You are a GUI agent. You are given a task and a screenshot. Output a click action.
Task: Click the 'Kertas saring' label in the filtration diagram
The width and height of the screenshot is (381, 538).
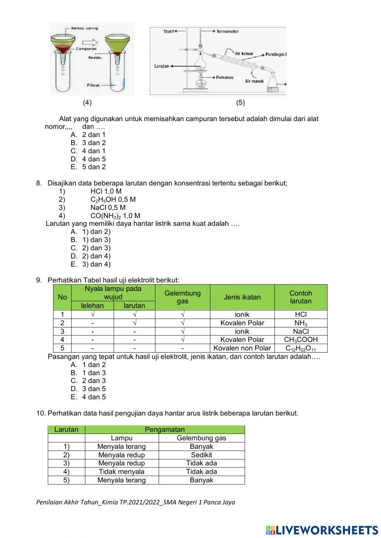pos(84,28)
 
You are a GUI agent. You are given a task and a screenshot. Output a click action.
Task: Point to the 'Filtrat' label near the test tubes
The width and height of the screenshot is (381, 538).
pos(93,85)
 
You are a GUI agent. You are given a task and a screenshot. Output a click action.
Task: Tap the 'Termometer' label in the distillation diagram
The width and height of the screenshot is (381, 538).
pos(227,32)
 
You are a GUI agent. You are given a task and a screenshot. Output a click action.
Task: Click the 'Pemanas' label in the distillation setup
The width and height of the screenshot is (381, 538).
pos(224,78)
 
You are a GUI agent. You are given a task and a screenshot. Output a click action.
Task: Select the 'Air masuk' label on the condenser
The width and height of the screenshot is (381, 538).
pos(254,81)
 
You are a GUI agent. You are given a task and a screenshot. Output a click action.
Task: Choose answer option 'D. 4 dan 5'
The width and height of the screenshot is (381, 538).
pos(88,159)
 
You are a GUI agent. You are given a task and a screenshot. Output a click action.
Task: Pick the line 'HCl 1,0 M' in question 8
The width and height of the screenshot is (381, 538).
pos(106,192)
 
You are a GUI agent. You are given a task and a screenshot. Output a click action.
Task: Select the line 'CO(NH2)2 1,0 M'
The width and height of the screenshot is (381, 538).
pos(115,216)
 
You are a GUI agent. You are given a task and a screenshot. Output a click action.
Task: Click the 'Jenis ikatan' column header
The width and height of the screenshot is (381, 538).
pos(242,297)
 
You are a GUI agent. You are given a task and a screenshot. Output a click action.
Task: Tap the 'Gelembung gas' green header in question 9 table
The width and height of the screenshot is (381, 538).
pos(182,297)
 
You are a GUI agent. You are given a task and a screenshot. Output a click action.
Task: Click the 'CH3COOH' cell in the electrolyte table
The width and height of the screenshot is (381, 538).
pos(301,340)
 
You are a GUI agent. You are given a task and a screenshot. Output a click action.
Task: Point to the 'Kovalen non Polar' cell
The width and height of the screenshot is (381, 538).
pos(242,348)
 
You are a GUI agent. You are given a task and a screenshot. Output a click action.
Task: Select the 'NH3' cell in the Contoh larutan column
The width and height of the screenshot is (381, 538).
pos(301,323)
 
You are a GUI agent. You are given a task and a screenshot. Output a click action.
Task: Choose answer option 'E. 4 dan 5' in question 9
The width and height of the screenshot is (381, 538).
pos(88,397)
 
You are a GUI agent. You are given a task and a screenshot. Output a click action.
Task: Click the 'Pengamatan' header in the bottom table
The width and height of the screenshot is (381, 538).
pos(165,429)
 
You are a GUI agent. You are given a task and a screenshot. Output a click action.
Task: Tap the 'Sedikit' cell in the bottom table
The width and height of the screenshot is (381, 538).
pos(201,455)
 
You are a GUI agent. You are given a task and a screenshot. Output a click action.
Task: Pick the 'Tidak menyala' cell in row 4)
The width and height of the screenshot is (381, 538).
pos(122,472)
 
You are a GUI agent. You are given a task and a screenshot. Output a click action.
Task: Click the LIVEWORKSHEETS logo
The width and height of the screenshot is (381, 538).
pos(322,530)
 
